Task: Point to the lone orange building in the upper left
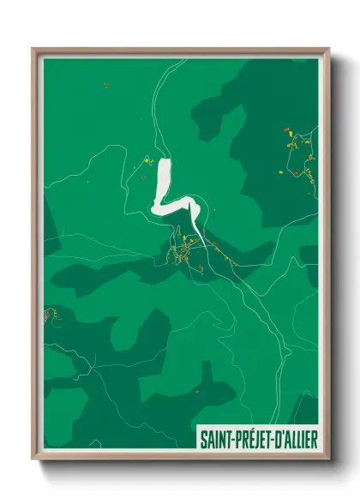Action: click(106, 85)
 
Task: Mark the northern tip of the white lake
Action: click(164, 159)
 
